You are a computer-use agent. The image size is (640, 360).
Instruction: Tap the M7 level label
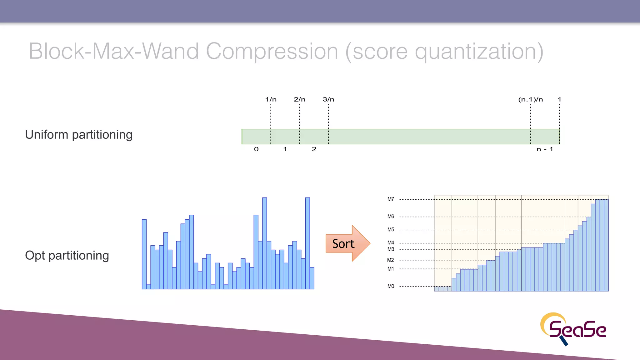coord(391,199)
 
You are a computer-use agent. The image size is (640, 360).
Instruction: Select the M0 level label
coord(391,286)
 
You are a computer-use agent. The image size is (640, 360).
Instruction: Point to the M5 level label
coord(391,230)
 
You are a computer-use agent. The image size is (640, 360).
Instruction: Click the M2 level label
coord(391,260)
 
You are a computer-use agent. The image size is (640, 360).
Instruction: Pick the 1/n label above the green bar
coord(271,99)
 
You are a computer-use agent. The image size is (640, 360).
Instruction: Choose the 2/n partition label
coord(299,99)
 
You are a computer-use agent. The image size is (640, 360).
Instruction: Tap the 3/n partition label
coord(328,99)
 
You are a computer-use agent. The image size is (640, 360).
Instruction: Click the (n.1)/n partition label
coord(530,99)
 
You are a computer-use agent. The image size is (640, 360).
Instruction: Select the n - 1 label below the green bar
coord(545,149)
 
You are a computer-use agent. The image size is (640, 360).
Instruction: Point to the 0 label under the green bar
coord(256,149)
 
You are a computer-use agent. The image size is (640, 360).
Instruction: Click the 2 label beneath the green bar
coord(314,149)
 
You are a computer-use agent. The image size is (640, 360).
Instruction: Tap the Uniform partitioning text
coord(79,135)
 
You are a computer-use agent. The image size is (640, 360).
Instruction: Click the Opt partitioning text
coord(67,256)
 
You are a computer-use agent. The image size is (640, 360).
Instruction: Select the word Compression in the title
coord(272,51)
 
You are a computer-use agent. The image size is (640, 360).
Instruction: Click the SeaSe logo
coord(573,329)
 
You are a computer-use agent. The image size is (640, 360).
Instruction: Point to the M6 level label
coord(391,217)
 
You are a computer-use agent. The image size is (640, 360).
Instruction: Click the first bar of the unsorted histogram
coord(144,254)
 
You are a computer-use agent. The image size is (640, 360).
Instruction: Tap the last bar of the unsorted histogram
coord(312,278)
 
